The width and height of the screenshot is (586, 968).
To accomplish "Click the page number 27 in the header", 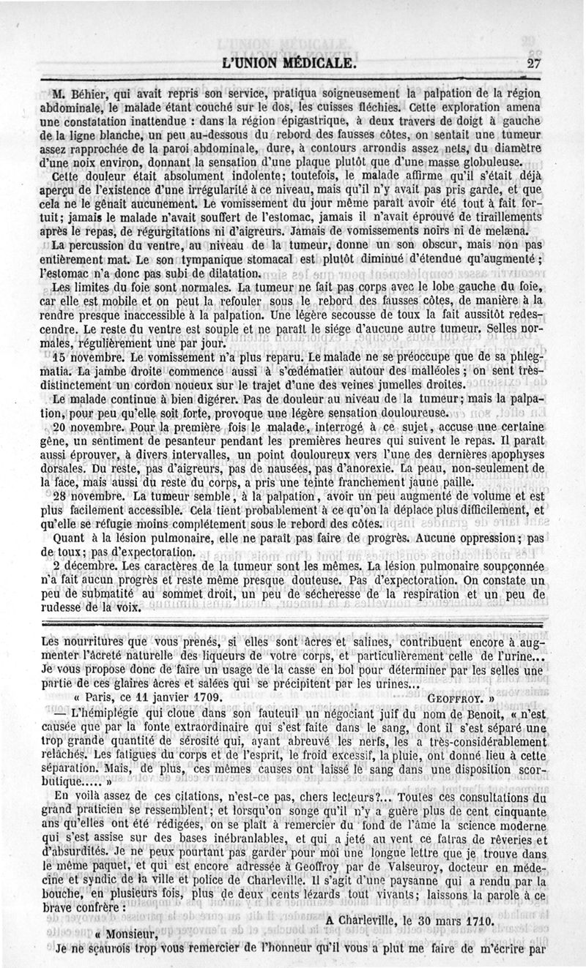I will (533, 64).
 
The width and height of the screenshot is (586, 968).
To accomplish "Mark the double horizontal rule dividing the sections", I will (293, 623).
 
